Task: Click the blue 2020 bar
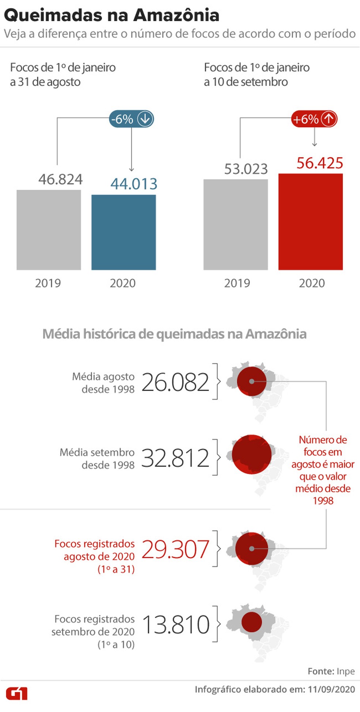coord(124,232)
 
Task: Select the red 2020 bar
coord(311,222)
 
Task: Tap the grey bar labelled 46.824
coord(49,230)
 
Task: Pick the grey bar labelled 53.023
coord(236,225)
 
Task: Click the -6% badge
coord(131,119)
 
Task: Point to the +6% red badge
coord(314,119)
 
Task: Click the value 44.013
coord(134,184)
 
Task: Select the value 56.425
coord(320,163)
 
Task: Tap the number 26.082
coord(175,382)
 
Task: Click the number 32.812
coord(175,458)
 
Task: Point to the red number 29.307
coord(175,549)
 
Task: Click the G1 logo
coord(16,693)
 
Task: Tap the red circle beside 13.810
coord(252,622)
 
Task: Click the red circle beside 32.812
coord(252,455)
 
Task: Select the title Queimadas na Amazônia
coord(112,15)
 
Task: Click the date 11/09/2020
coord(331,689)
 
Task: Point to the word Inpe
coord(346,671)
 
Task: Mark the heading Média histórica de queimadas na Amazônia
coord(175,334)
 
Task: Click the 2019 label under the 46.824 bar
coord(48,283)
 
